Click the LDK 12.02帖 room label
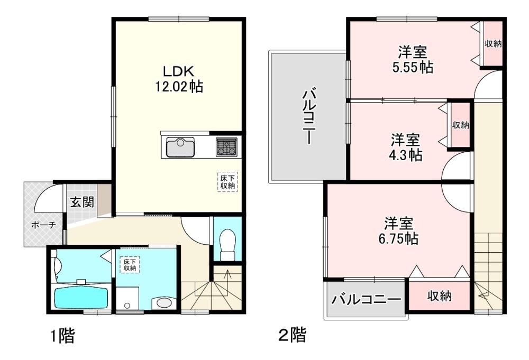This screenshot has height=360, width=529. (179, 79)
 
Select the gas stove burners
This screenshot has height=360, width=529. (226, 147)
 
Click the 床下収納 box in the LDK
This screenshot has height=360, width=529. (227, 182)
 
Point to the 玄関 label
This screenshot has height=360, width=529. (82, 202)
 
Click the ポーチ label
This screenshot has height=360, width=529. (43, 225)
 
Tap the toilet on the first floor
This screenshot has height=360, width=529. (227, 245)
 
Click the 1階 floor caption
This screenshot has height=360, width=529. (63, 336)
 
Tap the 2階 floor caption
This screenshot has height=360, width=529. (293, 335)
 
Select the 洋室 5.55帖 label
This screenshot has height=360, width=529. (413, 60)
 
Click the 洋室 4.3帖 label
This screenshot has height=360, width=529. (406, 147)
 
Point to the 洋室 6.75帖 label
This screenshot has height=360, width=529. (398, 231)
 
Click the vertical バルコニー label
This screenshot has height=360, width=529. (309, 116)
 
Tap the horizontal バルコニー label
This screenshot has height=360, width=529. (367, 299)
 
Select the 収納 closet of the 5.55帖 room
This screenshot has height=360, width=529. (493, 44)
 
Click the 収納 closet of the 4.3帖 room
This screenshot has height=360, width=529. (460, 125)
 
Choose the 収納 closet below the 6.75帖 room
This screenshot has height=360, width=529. (440, 296)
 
